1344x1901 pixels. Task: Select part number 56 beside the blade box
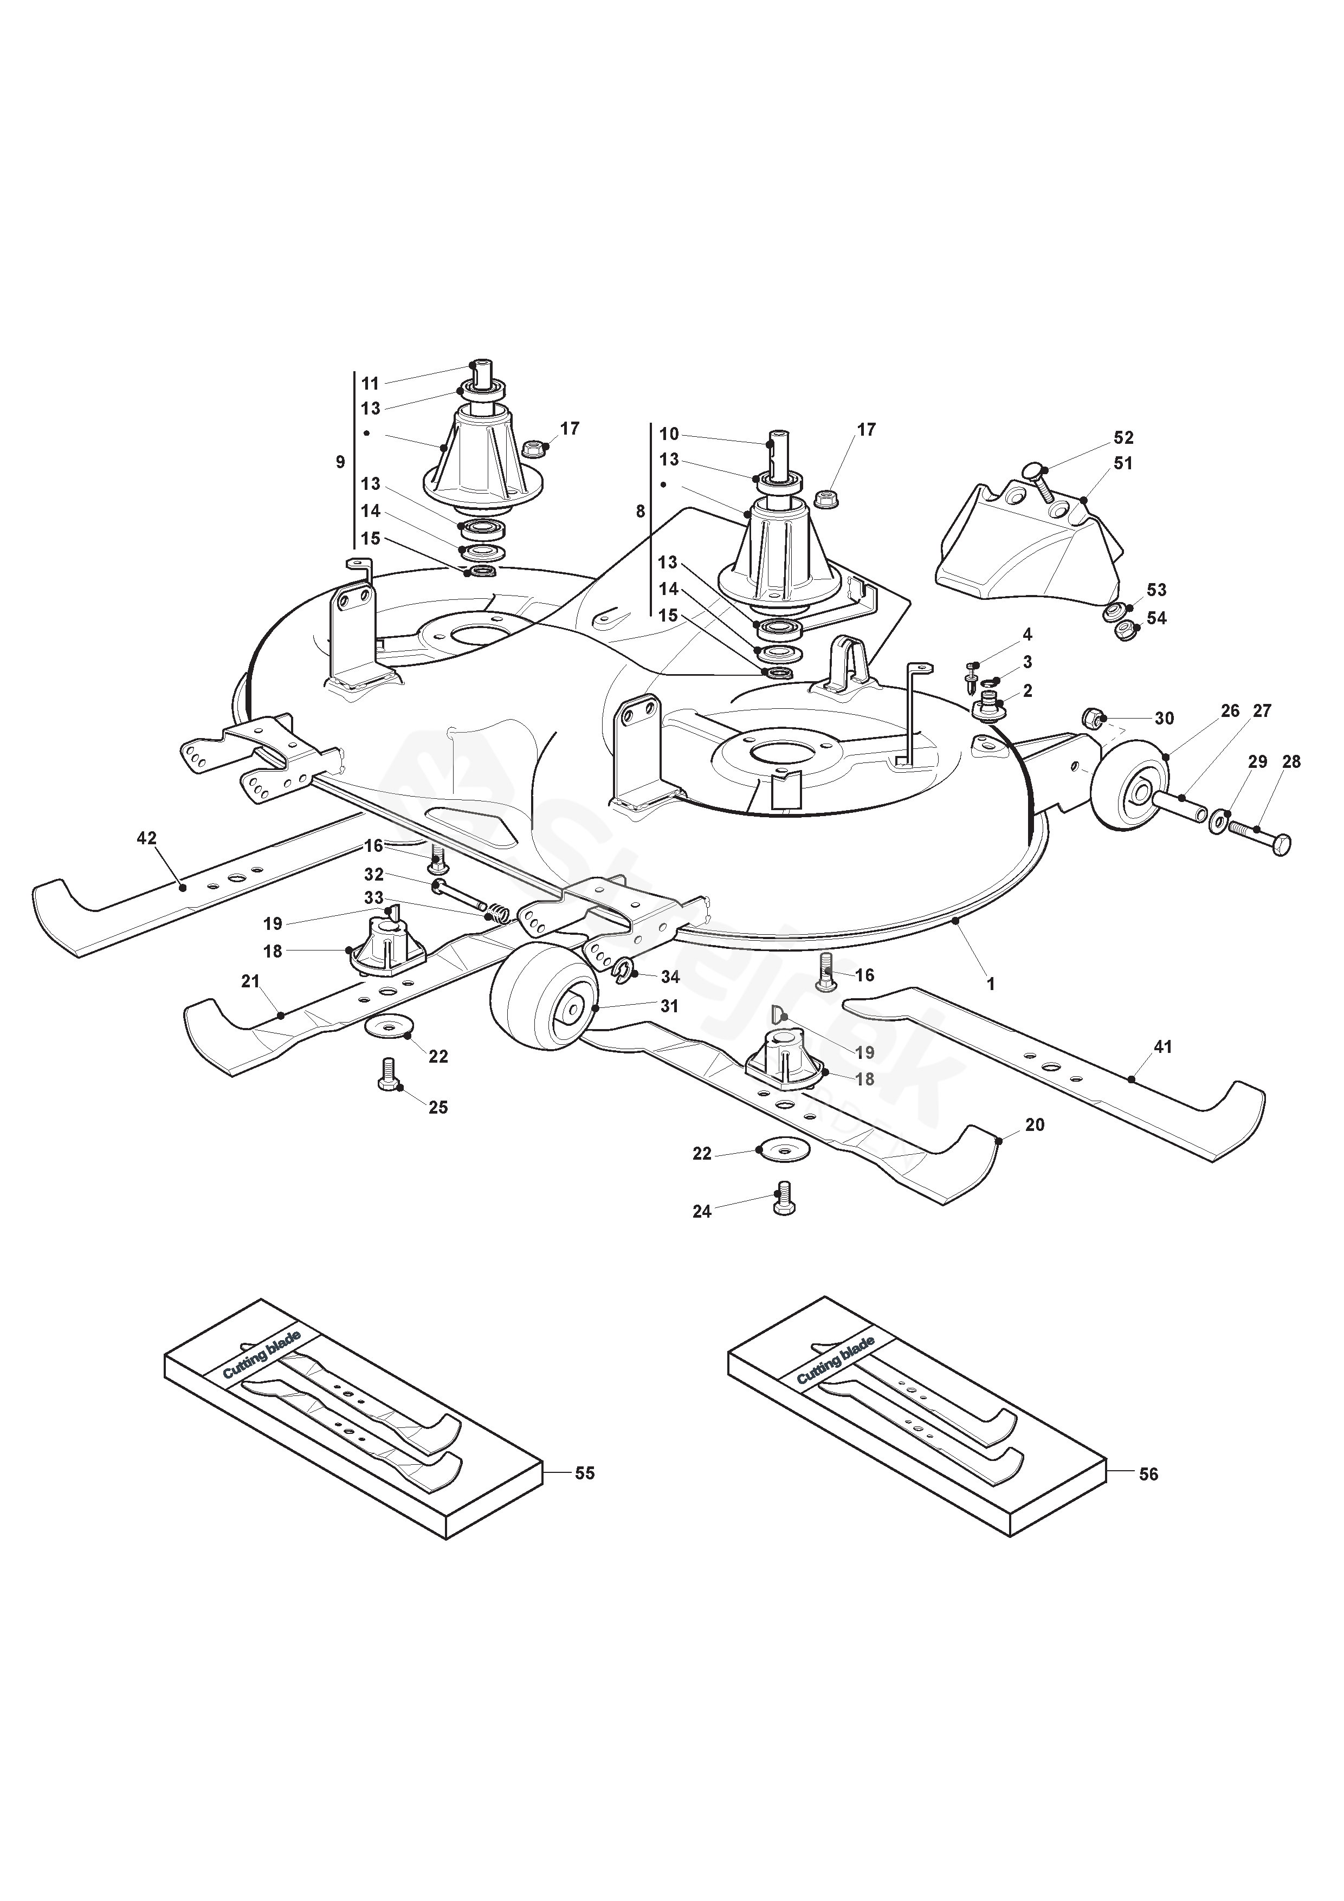[1148, 1474]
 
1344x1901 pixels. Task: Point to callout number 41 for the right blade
[1164, 1048]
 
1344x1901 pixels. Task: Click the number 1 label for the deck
[991, 985]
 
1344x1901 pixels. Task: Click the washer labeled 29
[1218, 823]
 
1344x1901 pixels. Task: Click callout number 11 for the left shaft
[370, 383]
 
